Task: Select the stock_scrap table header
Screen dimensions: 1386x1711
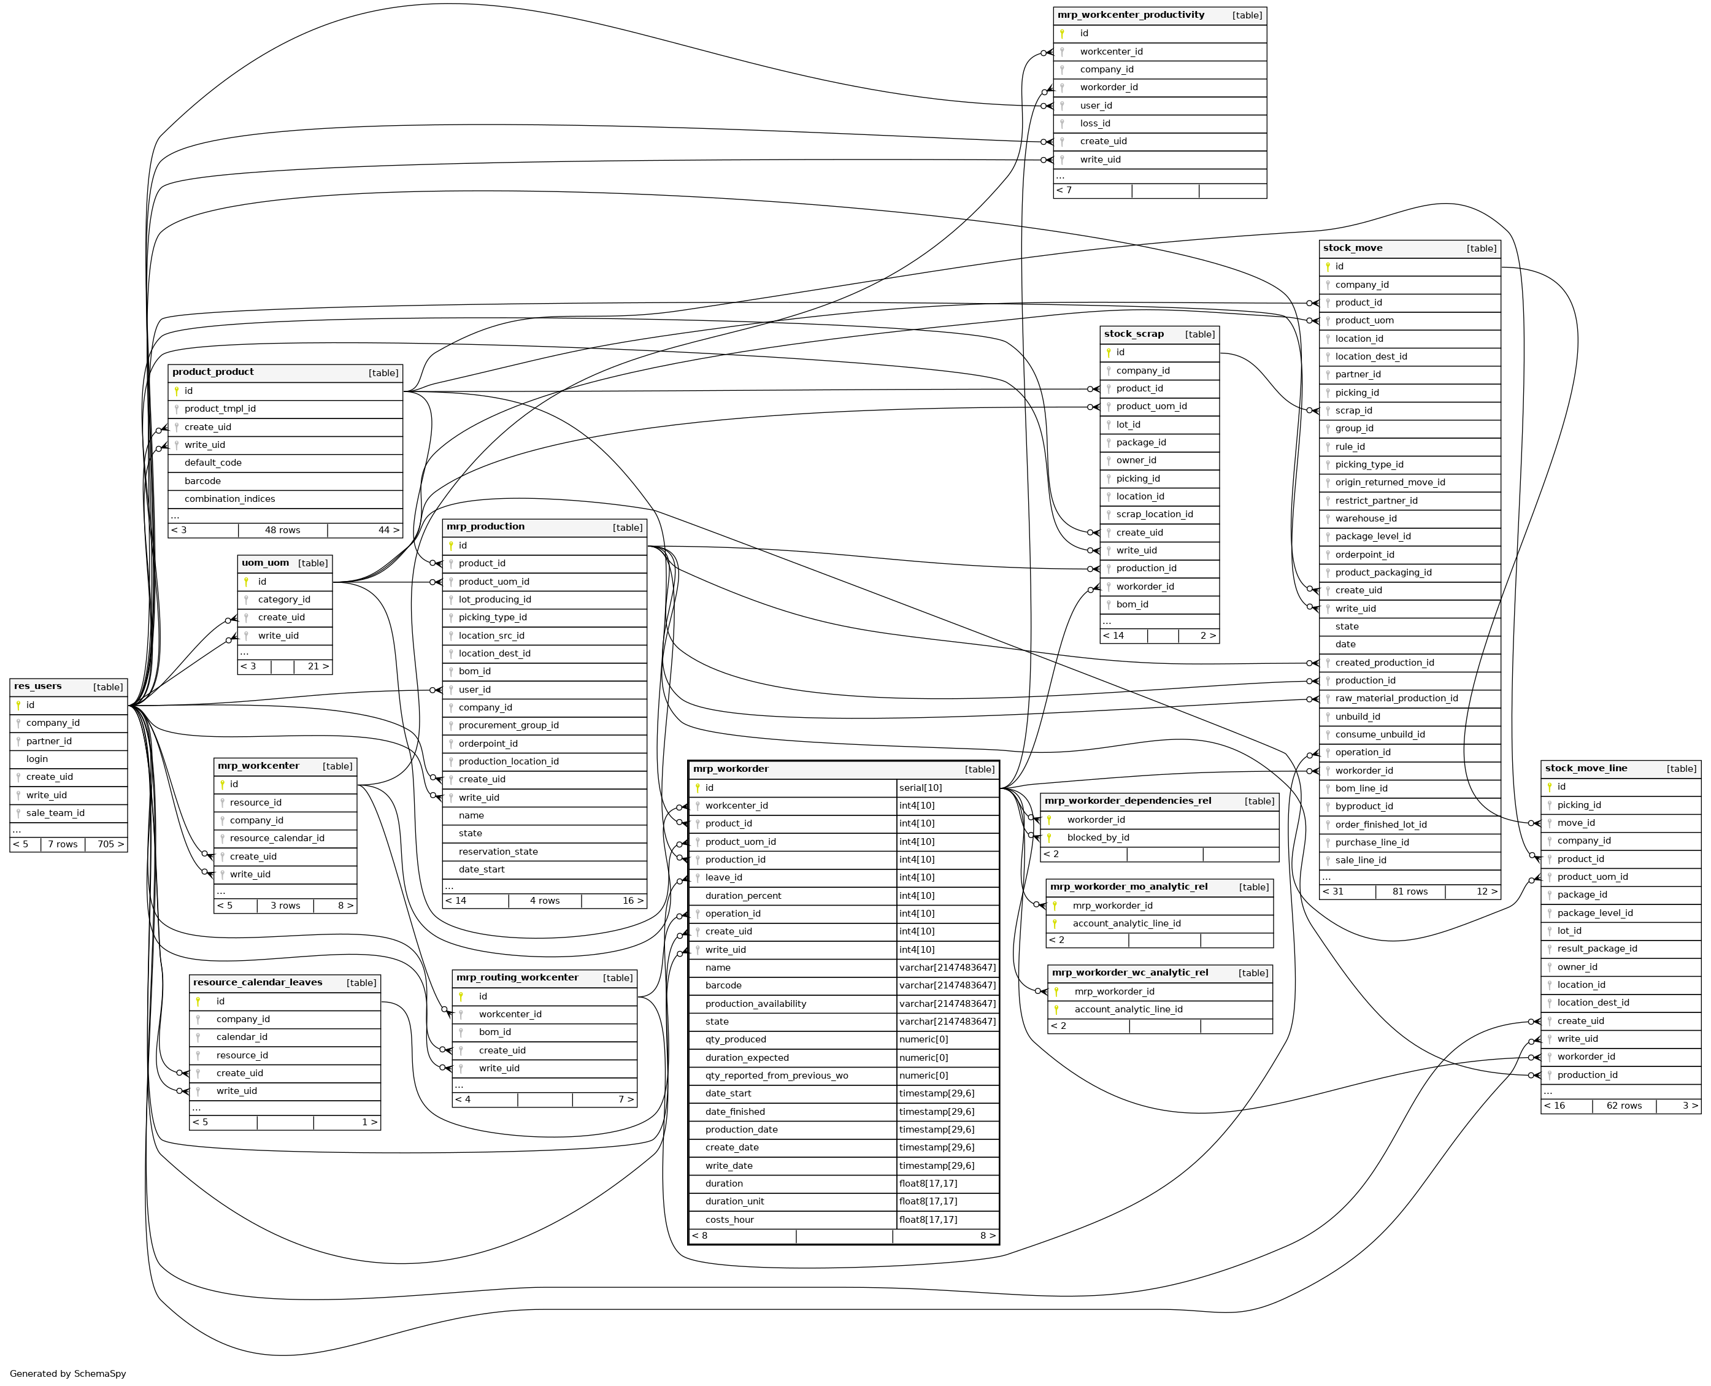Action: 1134,334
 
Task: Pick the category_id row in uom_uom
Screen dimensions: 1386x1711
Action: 283,599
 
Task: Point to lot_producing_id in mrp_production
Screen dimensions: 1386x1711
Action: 494,599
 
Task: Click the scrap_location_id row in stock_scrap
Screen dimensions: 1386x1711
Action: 1155,514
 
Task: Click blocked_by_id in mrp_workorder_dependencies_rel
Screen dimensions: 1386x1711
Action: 1098,837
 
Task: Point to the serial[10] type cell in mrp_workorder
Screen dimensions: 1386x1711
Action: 921,788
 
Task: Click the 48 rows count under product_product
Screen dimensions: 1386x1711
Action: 283,530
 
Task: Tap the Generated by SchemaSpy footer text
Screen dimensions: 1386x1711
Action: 68,1374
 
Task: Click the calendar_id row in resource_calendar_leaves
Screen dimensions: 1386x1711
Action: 241,1037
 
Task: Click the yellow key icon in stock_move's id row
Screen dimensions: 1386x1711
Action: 1328,267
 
